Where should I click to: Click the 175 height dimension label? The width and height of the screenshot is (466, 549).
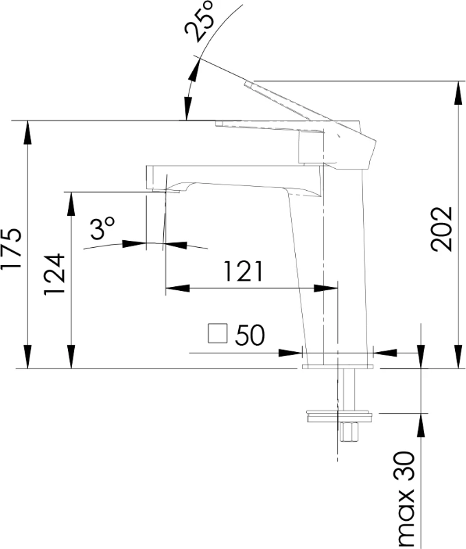click(12, 248)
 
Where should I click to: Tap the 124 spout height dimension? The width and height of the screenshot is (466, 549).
click(54, 274)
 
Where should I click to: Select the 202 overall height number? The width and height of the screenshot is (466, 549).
click(442, 229)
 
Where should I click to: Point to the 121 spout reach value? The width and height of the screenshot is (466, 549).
click(243, 271)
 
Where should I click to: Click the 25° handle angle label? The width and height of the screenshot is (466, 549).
click(200, 22)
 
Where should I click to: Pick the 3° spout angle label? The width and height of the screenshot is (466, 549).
click(102, 229)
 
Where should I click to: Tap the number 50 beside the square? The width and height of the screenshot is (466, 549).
click(250, 335)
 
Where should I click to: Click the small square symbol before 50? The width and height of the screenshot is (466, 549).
click(218, 334)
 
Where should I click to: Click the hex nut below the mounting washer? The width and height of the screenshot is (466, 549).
click(349, 432)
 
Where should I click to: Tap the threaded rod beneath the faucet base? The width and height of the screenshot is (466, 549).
click(349, 389)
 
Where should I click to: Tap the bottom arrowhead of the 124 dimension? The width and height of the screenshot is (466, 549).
click(71, 357)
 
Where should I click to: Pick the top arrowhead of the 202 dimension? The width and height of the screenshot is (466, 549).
click(458, 93)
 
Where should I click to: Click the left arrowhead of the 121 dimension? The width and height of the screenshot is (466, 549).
click(178, 288)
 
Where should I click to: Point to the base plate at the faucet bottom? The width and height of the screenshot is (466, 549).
click(338, 366)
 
